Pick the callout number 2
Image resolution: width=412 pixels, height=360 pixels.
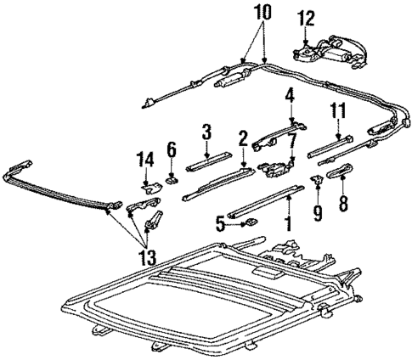coord(243,136)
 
